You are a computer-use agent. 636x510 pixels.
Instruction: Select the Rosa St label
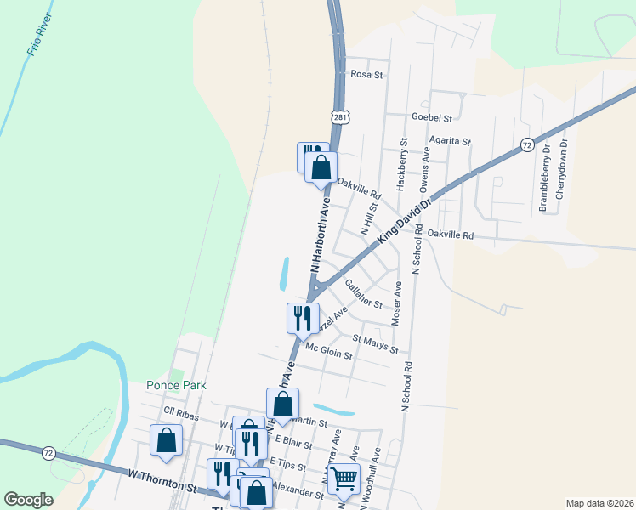[368, 75]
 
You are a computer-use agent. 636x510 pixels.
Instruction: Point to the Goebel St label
[431, 116]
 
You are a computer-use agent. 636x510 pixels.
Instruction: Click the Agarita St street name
[450, 139]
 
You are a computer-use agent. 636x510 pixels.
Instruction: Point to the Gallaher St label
[367, 292]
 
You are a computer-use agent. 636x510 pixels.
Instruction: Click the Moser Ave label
[395, 304]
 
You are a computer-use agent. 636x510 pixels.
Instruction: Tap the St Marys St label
[375, 343]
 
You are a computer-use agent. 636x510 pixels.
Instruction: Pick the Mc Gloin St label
[328, 349]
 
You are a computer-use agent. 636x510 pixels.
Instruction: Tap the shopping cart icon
[344, 479]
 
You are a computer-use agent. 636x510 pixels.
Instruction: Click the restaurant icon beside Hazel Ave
[302, 318]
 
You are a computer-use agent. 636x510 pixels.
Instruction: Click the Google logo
[29, 500]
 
